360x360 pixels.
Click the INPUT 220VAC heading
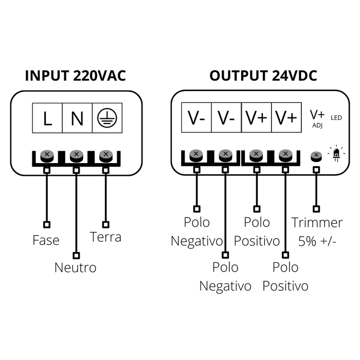[x=76, y=76]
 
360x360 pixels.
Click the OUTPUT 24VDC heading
[x=263, y=76]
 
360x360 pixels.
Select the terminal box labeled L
[x=47, y=119]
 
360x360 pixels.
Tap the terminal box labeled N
[x=77, y=119]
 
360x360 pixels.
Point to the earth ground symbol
[x=106, y=119]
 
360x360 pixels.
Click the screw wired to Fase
[x=47, y=154]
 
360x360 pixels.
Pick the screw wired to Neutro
[x=76, y=154]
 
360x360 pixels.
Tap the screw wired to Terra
[x=106, y=154]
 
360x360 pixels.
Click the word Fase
[x=46, y=240]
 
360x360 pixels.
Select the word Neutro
[x=76, y=268]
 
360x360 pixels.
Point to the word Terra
[x=105, y=237]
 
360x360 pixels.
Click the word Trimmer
[x=317, y=223]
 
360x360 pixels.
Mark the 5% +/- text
[x=317, y=241]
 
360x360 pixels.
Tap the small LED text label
[x=336, y=118]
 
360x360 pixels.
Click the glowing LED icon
[x=337, y=154]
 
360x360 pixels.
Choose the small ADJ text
[x=317, y=125]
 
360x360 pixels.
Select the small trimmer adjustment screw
[x=316, y=155]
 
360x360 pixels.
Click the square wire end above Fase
[x=47, y=225]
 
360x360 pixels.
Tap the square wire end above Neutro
[x=76, y=255]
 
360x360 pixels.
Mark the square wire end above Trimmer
[x=316, y=209]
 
